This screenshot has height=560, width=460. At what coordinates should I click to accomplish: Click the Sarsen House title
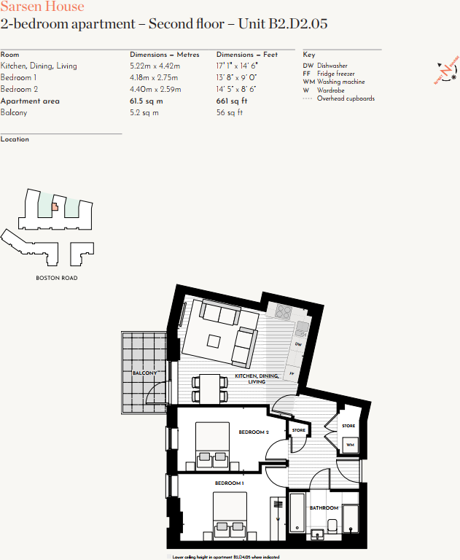tap(42, 7)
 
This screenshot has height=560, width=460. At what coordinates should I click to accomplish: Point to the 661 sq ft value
tap(232, 101)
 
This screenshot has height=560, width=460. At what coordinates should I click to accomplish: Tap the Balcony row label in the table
tap(15, 113)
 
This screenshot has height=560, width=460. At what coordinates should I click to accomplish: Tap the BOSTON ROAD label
tap(57, 278)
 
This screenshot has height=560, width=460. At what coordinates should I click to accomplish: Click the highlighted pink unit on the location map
tap(55, 207)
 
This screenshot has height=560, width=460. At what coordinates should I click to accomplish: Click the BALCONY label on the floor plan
tap(144, 373)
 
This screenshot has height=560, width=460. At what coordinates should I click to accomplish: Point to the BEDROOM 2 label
tap(254, 432)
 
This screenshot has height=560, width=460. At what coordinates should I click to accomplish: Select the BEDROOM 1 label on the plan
tap(229, 483)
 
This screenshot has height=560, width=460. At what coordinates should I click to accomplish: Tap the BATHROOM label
tap(324, 507)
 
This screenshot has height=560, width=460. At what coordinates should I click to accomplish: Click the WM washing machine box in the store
tap(350, 445)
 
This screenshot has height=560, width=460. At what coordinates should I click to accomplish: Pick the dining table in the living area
tap(209, 386)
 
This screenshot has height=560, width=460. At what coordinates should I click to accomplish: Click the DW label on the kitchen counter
tap(298, 343)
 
